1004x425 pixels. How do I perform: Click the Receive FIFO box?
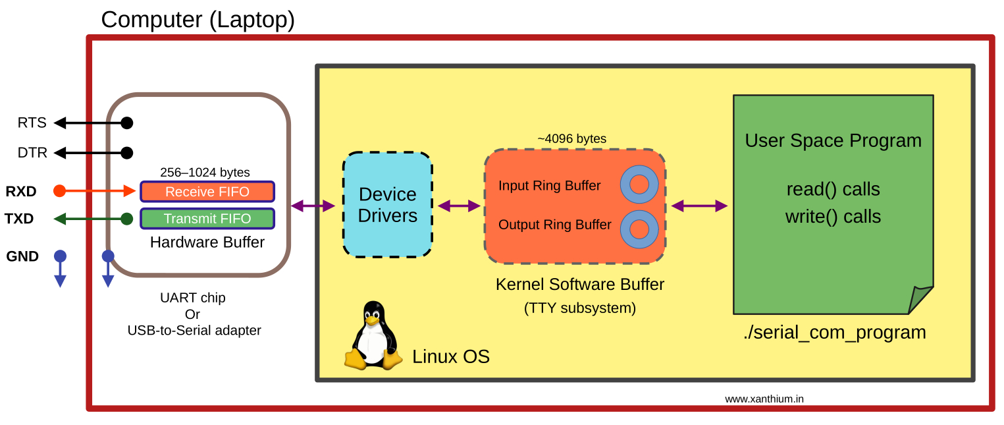point(207,192)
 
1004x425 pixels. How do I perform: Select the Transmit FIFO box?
point(207,219)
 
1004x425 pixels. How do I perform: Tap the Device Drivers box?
point(387,205)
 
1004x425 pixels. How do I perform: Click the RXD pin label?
point(21,192)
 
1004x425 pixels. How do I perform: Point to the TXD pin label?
point(19,219)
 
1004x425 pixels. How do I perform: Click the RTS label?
point(32,123)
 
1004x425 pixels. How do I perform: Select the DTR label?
point(32,153)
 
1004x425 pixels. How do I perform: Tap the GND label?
point(22,256)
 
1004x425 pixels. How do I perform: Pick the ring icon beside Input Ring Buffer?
point(639,184)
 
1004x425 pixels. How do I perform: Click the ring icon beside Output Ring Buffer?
point(639,229)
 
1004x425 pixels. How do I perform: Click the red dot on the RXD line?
point(59,191)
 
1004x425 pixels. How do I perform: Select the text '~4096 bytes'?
point(571,139)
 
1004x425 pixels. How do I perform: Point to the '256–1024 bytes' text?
point(205,173)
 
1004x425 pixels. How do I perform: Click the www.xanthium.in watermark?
point(764,399)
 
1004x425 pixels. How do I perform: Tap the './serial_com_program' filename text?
point(834,332)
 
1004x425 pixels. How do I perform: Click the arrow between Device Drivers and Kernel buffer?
point(459,206)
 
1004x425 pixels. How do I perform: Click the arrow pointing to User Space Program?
point(699,206)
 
